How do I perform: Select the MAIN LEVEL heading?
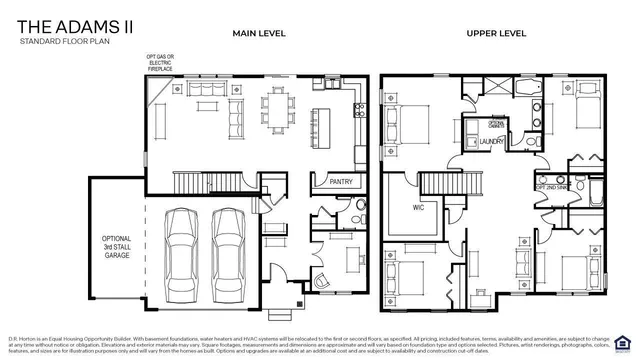(259, 33)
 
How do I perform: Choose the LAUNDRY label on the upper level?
(491, 142)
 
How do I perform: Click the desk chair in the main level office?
(322, 278)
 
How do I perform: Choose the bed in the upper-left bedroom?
(405, 128)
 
